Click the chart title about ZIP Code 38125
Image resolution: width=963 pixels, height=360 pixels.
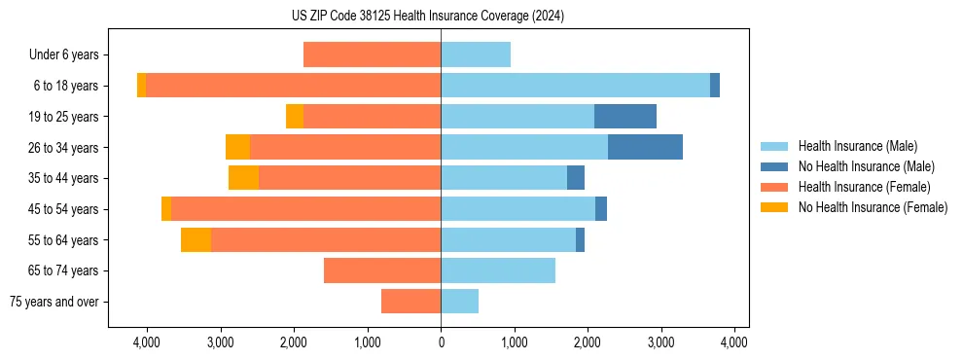(x=441, y=17)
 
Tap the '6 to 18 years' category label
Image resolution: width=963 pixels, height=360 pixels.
(x=65, y=86)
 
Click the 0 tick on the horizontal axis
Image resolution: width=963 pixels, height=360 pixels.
(x=441, y=342)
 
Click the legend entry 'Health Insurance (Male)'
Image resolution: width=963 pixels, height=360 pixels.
(x=857, y=146)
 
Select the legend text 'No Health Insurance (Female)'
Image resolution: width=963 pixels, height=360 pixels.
(x=873, y=207)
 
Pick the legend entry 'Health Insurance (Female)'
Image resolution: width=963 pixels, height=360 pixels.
(x=864, y=187)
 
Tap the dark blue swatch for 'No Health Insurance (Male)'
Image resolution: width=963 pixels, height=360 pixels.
(x=774, y=166)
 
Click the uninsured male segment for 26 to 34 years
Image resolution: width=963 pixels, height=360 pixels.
(x=645, y=147)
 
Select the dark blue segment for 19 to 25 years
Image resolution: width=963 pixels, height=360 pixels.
(x=625, y=117)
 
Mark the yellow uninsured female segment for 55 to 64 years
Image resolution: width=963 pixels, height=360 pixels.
(x=196, y=240)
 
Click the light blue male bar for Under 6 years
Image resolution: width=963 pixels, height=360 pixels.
(x=476, y=54)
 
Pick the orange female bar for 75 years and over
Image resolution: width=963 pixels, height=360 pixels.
(x=410, y=302)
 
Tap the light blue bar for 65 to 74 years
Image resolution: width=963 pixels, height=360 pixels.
(x=498, y=270)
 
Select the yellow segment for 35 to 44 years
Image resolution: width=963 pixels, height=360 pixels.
(x=243, y=178)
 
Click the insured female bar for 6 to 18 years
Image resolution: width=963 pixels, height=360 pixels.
(x=293, y=86)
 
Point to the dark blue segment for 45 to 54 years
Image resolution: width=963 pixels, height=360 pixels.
(x=601, y=209)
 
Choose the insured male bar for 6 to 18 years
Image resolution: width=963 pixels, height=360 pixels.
(x=575, y=86)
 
